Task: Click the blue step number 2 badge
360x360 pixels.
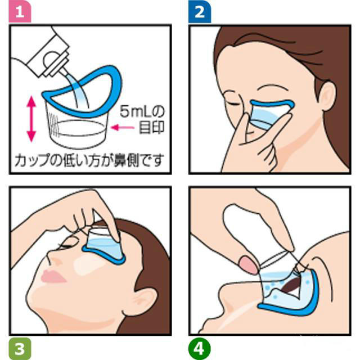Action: click(199, 11)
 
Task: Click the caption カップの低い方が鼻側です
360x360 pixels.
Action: click(90, 159)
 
